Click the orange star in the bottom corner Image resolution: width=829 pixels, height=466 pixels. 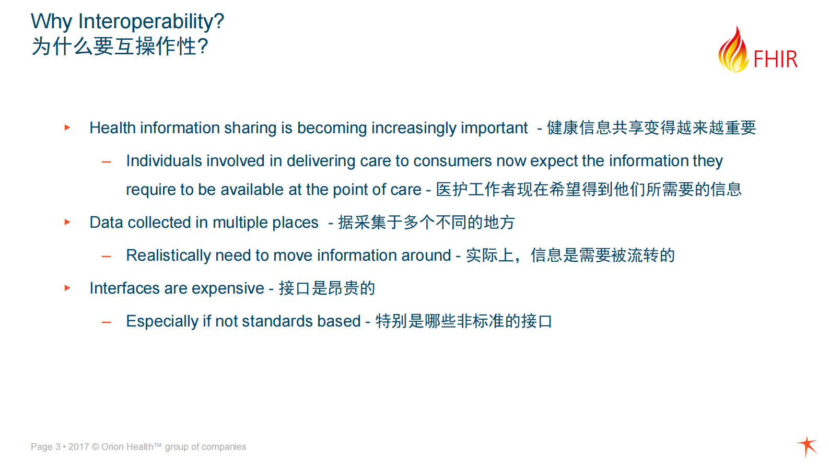pyautogui.click(x=807, y=446)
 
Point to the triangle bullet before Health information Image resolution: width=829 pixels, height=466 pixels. pyautogui.click(x=67, y=127)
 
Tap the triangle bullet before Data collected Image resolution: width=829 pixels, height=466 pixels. pyautogui.click(x=67, y=222)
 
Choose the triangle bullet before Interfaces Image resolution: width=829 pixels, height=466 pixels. pyautogui.click(x=67, y=288)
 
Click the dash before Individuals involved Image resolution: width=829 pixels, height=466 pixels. pyautogui.click(x=107, y=162)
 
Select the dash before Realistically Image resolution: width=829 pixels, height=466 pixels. pyautogui.click(x=107, y=257)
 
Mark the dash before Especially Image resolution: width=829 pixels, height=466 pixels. pyautogui.click(x=107, y=322)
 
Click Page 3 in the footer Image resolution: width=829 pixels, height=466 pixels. pyautogui.click(x=45, y=447)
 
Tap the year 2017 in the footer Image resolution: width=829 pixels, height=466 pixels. pyautogui.click(x=78, y=447)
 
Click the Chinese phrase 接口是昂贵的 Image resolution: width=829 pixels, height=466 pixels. pyautogui.click(x=326, y=288)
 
